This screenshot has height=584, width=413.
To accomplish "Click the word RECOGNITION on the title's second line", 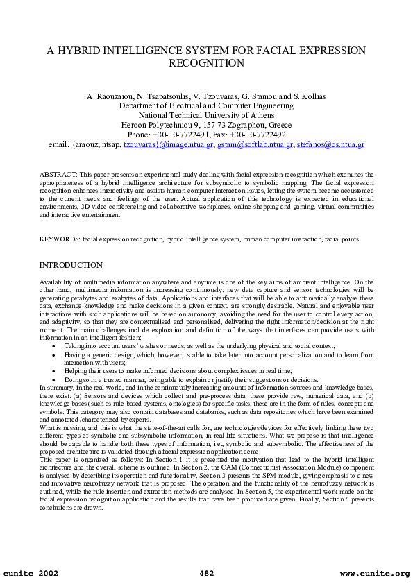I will point(206,63).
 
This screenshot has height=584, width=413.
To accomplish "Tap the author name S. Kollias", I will point(305,96).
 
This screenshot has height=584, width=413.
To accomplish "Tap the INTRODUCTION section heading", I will point(71,266).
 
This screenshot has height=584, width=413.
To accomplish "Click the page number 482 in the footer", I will point(206,573).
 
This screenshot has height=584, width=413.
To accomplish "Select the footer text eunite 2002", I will point(31,573).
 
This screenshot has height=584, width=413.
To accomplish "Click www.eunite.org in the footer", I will point(375,573).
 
